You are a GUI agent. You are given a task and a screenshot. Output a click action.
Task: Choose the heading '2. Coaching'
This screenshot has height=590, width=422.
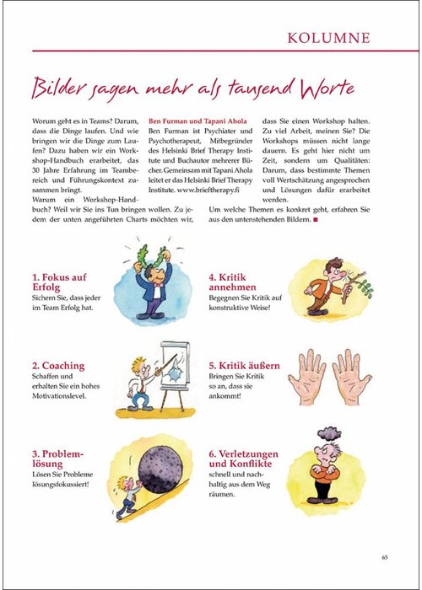(57, 366)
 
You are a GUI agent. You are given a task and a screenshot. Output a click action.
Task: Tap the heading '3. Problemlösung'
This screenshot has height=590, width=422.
(58, 459)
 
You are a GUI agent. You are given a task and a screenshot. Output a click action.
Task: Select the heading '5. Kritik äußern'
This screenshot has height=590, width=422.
(244, 366)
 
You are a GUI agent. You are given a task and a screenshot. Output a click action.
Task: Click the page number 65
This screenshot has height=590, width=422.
(384, 555)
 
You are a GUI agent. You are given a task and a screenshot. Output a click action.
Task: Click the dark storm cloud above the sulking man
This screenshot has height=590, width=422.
(328, 435)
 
